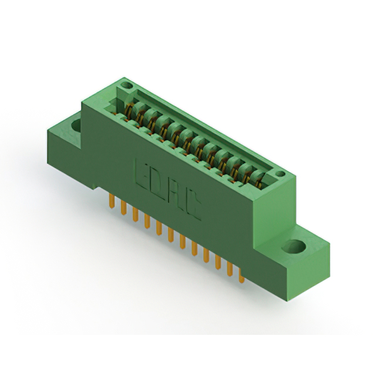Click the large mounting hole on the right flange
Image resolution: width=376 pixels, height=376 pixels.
(x=294, y=247)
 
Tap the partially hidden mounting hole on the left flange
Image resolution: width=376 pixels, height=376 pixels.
(x=77, y=125)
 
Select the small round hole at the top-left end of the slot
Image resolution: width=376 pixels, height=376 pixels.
(x=126, y=85)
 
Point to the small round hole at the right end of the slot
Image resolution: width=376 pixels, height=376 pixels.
(x=280, y=174)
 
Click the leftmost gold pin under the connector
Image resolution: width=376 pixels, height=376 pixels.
(x=112, y=202)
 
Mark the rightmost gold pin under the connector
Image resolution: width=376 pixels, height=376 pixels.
(x=241, y=276)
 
